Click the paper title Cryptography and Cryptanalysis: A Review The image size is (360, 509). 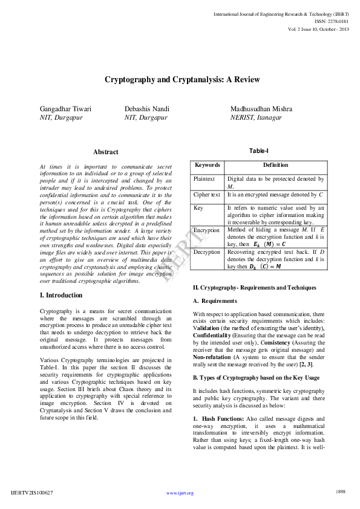(182, 80)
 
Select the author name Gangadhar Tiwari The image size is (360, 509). (65, 109)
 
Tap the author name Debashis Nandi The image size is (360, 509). (147, 109)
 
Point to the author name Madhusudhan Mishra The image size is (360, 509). (261, 109)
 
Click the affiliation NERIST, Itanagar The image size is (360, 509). (256, 117)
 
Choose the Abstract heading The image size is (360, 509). (106, 152)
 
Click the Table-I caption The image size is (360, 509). (259, 151)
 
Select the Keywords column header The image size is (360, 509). (208, 165)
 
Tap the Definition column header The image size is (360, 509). (275, 165)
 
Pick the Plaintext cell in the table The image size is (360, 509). (204, 179)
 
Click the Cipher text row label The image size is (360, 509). (207, 195)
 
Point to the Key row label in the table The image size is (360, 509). (198, 207)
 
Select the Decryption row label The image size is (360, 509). (207, 252)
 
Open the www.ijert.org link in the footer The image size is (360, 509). (180, 493)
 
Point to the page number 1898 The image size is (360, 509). (341, 492)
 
